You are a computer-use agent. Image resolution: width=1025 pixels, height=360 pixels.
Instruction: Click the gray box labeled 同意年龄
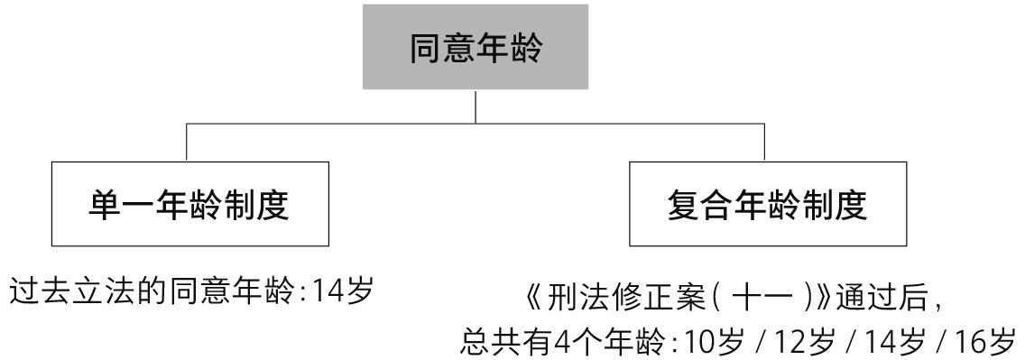pyautogui.click(x=476, y=46)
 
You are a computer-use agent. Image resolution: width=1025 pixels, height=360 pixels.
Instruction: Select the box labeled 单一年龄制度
pyautogui.click(x=190, y=204)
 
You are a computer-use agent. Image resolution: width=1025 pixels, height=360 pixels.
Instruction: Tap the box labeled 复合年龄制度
pyautogui.click(x=768, y=204)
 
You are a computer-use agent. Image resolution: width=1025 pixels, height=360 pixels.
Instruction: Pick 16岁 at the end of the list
pyautogui.click(x=983, y=341)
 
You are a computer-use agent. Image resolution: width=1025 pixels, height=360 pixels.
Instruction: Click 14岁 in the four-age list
pyautogui.click(x=893, y=341)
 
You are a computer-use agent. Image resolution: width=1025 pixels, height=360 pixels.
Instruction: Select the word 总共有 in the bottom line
pyautogui.click(x=501, y=341)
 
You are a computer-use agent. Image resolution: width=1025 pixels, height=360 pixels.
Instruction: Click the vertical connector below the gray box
pyautogui.click(x=476, y=106)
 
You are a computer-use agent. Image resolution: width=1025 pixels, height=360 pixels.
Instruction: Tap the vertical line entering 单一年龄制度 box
pyautogui.click(x=186, y=142)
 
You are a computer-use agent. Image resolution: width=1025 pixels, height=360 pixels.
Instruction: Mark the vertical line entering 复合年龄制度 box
pyautogui.click(x=765, y=142)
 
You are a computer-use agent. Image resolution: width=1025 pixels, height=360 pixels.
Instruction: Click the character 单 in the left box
pyautogui.click(x=103, y=205)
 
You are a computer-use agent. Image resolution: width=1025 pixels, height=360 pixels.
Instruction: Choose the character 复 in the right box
pyautogui.click(x=682, y=205)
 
